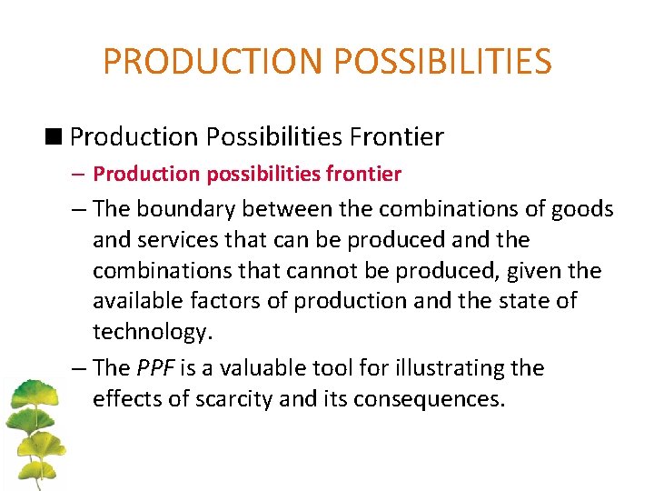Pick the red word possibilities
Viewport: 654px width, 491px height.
[250, 173]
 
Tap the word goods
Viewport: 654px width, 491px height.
[584, 209]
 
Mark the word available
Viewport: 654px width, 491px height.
[137, 301]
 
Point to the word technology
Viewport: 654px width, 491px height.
[152, 332]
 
